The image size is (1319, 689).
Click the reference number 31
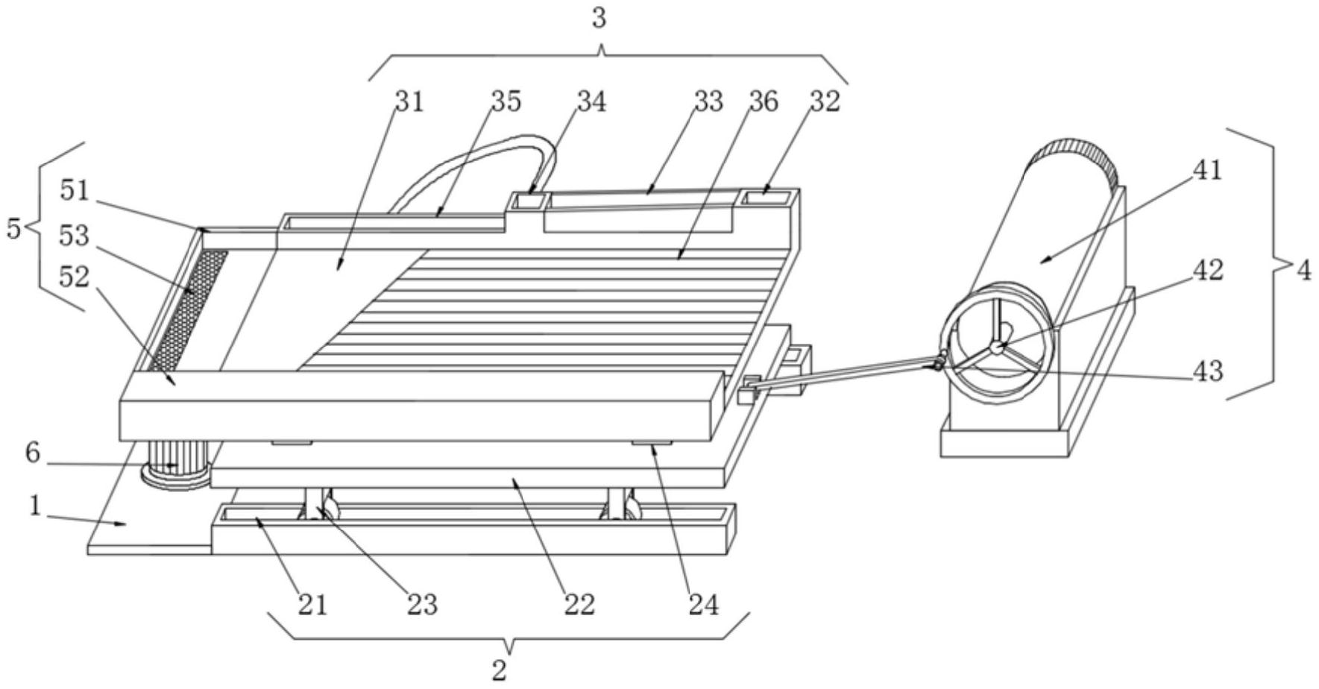coord(409,101)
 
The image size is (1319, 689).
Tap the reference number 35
coord(506,101)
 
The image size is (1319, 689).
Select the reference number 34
coord(591,101)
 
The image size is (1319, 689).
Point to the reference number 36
coord(763,101)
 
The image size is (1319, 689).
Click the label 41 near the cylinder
coord(1208,170)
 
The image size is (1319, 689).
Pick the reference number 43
coord(1208,371)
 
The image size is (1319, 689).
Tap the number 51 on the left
coord(75,191)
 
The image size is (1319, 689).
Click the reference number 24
coord(703,605)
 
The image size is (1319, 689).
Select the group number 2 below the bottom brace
coord(500,670)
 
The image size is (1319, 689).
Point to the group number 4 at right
coord(1303,271)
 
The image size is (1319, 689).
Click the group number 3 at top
coord(599,19)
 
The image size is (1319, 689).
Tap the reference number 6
coord(32,453)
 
